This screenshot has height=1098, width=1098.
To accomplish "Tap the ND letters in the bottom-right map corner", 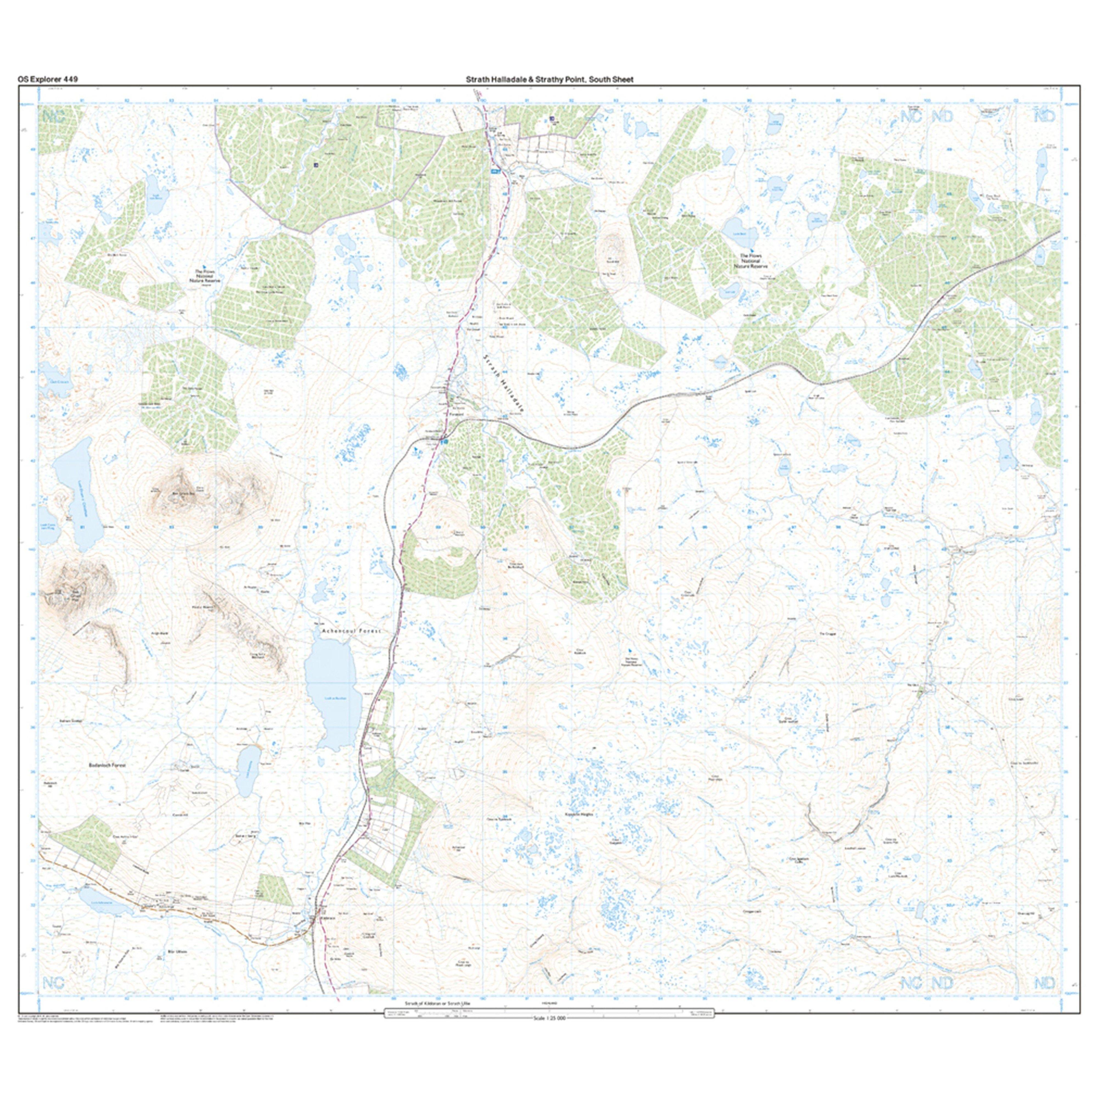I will (x=1044, y=983).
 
